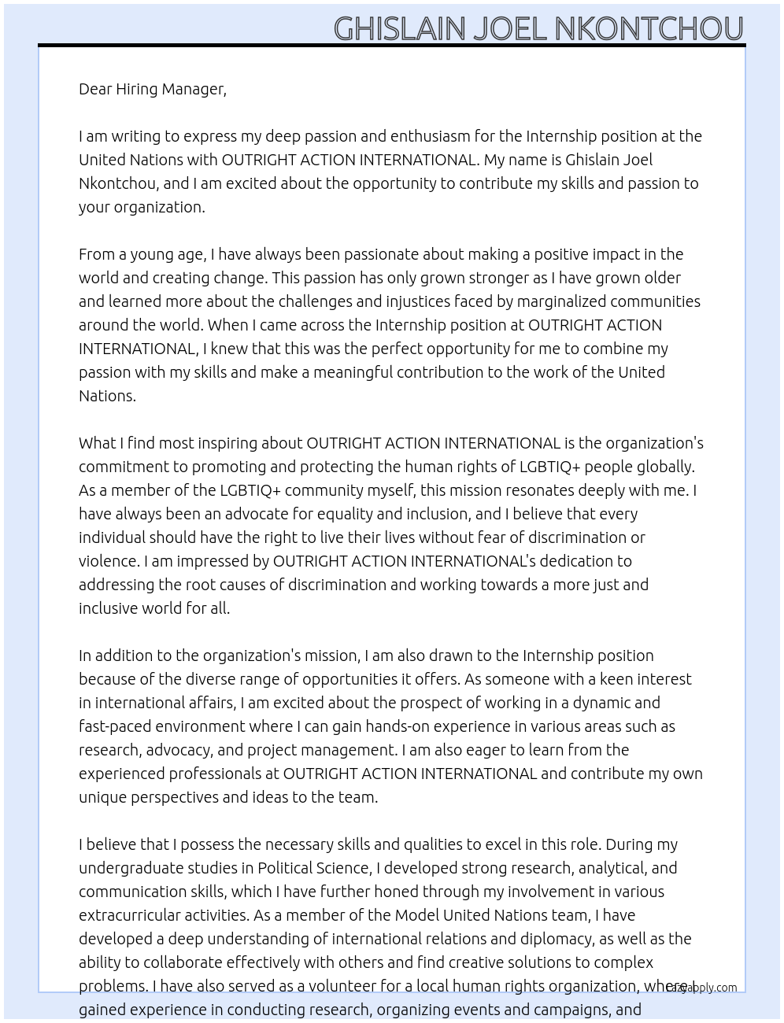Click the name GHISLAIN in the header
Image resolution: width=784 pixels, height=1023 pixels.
coord(400,29)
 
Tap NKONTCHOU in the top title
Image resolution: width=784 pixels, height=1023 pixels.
coord(649,29)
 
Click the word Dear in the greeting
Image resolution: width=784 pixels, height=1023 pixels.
coord(95,89)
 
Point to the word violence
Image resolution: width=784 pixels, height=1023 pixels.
coord(108,561)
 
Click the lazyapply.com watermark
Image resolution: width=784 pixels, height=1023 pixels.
coord(703,988)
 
